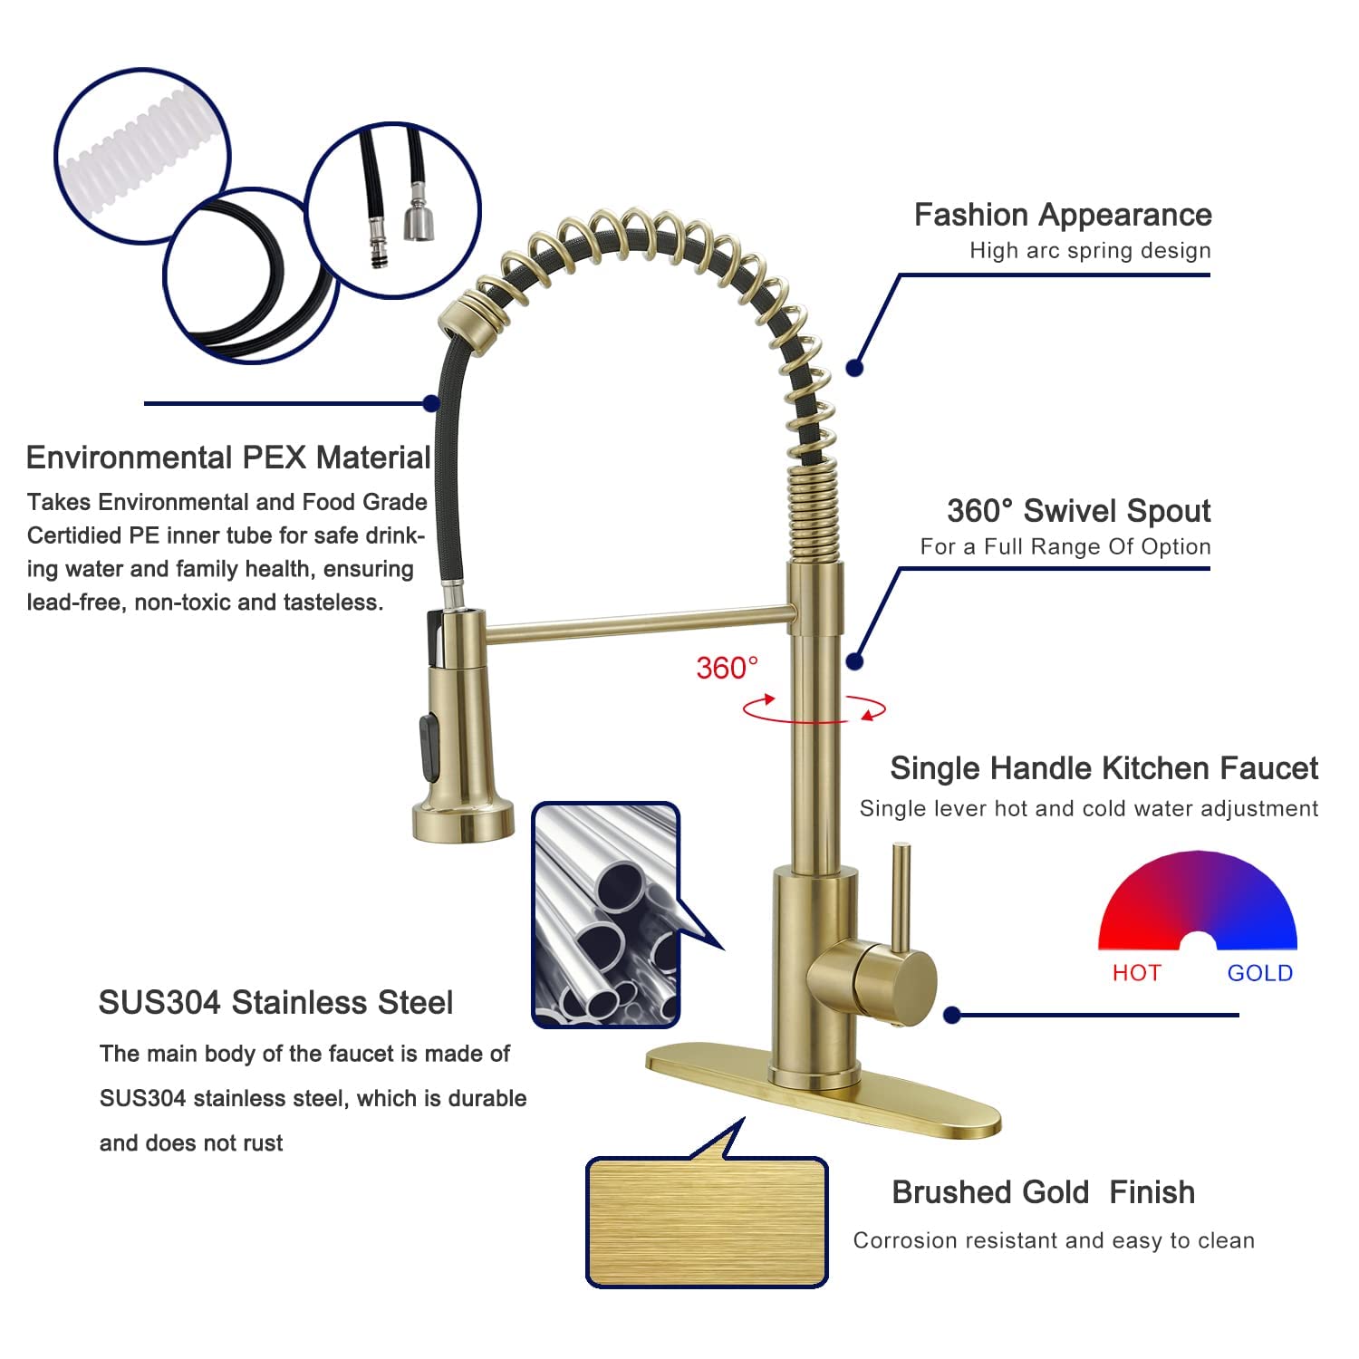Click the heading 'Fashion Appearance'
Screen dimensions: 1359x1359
click(x=1062, y=215)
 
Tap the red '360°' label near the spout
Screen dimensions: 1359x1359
click(x=727, y=668)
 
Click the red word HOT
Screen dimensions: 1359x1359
click(x=1136, y=973)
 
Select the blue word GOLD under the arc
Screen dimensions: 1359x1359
click(x=1259, y=973)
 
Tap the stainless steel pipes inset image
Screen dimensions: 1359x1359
click(x=605, y=915)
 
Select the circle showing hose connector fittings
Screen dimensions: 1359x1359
click(x=392, y=210)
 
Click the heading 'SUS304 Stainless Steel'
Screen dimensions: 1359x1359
click(x=275, y=1003)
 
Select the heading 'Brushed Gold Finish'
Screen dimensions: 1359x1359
click(x=1043, y=1192)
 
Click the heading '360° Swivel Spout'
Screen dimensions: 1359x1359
click(x=1078, y=511)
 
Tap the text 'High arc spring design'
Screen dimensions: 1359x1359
click(x=1090, y=251)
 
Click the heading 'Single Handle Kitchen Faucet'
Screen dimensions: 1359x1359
click(x=1104, y=768)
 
